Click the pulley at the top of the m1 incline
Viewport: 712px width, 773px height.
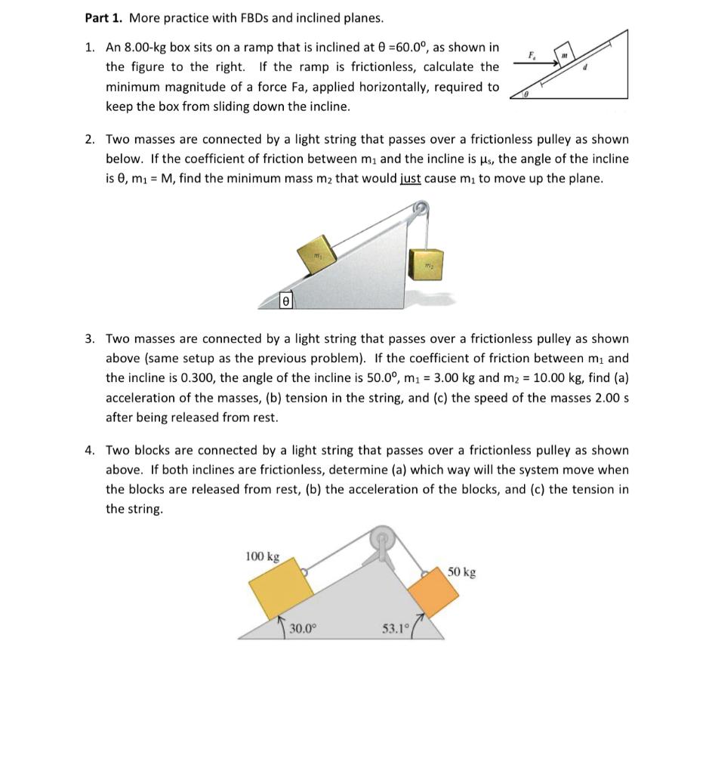tap(421, 208)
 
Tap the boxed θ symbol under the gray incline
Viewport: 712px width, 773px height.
tap(285, 300)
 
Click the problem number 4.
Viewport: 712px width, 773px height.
tap(89, 451)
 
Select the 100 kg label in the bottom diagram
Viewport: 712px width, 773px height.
tap(262, 557)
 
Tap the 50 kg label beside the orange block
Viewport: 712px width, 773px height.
tap(461, 572)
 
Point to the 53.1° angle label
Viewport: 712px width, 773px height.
tap(395, 627)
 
